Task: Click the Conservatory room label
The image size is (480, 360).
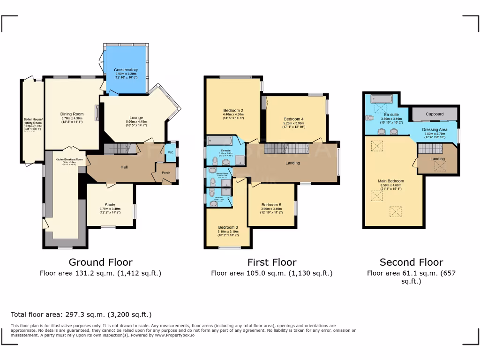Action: (126, 70)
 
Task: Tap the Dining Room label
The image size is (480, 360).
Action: (72, 114)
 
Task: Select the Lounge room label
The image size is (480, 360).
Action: (136, 118)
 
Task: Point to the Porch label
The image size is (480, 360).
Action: (166, 172)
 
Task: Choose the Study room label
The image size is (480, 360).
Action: (110, 205)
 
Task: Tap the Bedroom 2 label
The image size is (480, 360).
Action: (232, 111)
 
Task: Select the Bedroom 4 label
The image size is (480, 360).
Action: (293, 119)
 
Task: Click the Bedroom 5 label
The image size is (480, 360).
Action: (271, 205)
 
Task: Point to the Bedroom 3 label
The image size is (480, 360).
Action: (228, 227)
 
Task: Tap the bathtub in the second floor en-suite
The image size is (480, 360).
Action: (383, 99)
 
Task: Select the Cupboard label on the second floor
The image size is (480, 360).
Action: (435, 114)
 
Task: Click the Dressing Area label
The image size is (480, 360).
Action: (435, 129)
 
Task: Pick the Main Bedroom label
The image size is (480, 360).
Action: (391, 181)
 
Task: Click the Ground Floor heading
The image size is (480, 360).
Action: (100, 262)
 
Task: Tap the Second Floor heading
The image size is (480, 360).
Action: (411, 262)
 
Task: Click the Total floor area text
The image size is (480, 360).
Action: (81, 315)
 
